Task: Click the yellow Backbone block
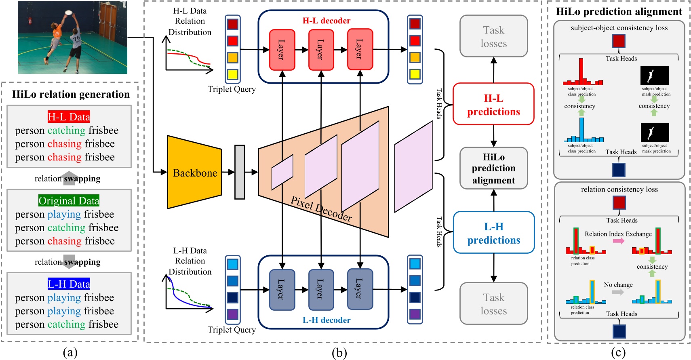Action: (194, 173)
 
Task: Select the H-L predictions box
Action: (493, 105)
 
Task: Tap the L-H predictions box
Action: (493, 233)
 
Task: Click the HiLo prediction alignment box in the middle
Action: (493, 168)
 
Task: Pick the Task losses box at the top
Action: (493, 36)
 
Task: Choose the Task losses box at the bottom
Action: (493, 304)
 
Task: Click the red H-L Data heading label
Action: (69, 117)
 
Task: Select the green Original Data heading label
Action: (69, 200)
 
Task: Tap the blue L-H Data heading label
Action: (69, 284)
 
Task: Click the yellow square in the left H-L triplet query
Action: (232, 74)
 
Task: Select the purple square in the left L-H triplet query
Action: (232, 314)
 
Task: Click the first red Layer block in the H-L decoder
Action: (282, 49)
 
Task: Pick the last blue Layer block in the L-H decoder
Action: (360, 289)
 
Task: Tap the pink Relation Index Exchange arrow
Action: (618, 241)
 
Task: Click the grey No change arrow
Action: (618, 292)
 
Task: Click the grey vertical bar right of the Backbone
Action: (240, 172)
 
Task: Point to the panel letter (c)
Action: (618, 353)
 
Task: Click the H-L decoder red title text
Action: (326, 21)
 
